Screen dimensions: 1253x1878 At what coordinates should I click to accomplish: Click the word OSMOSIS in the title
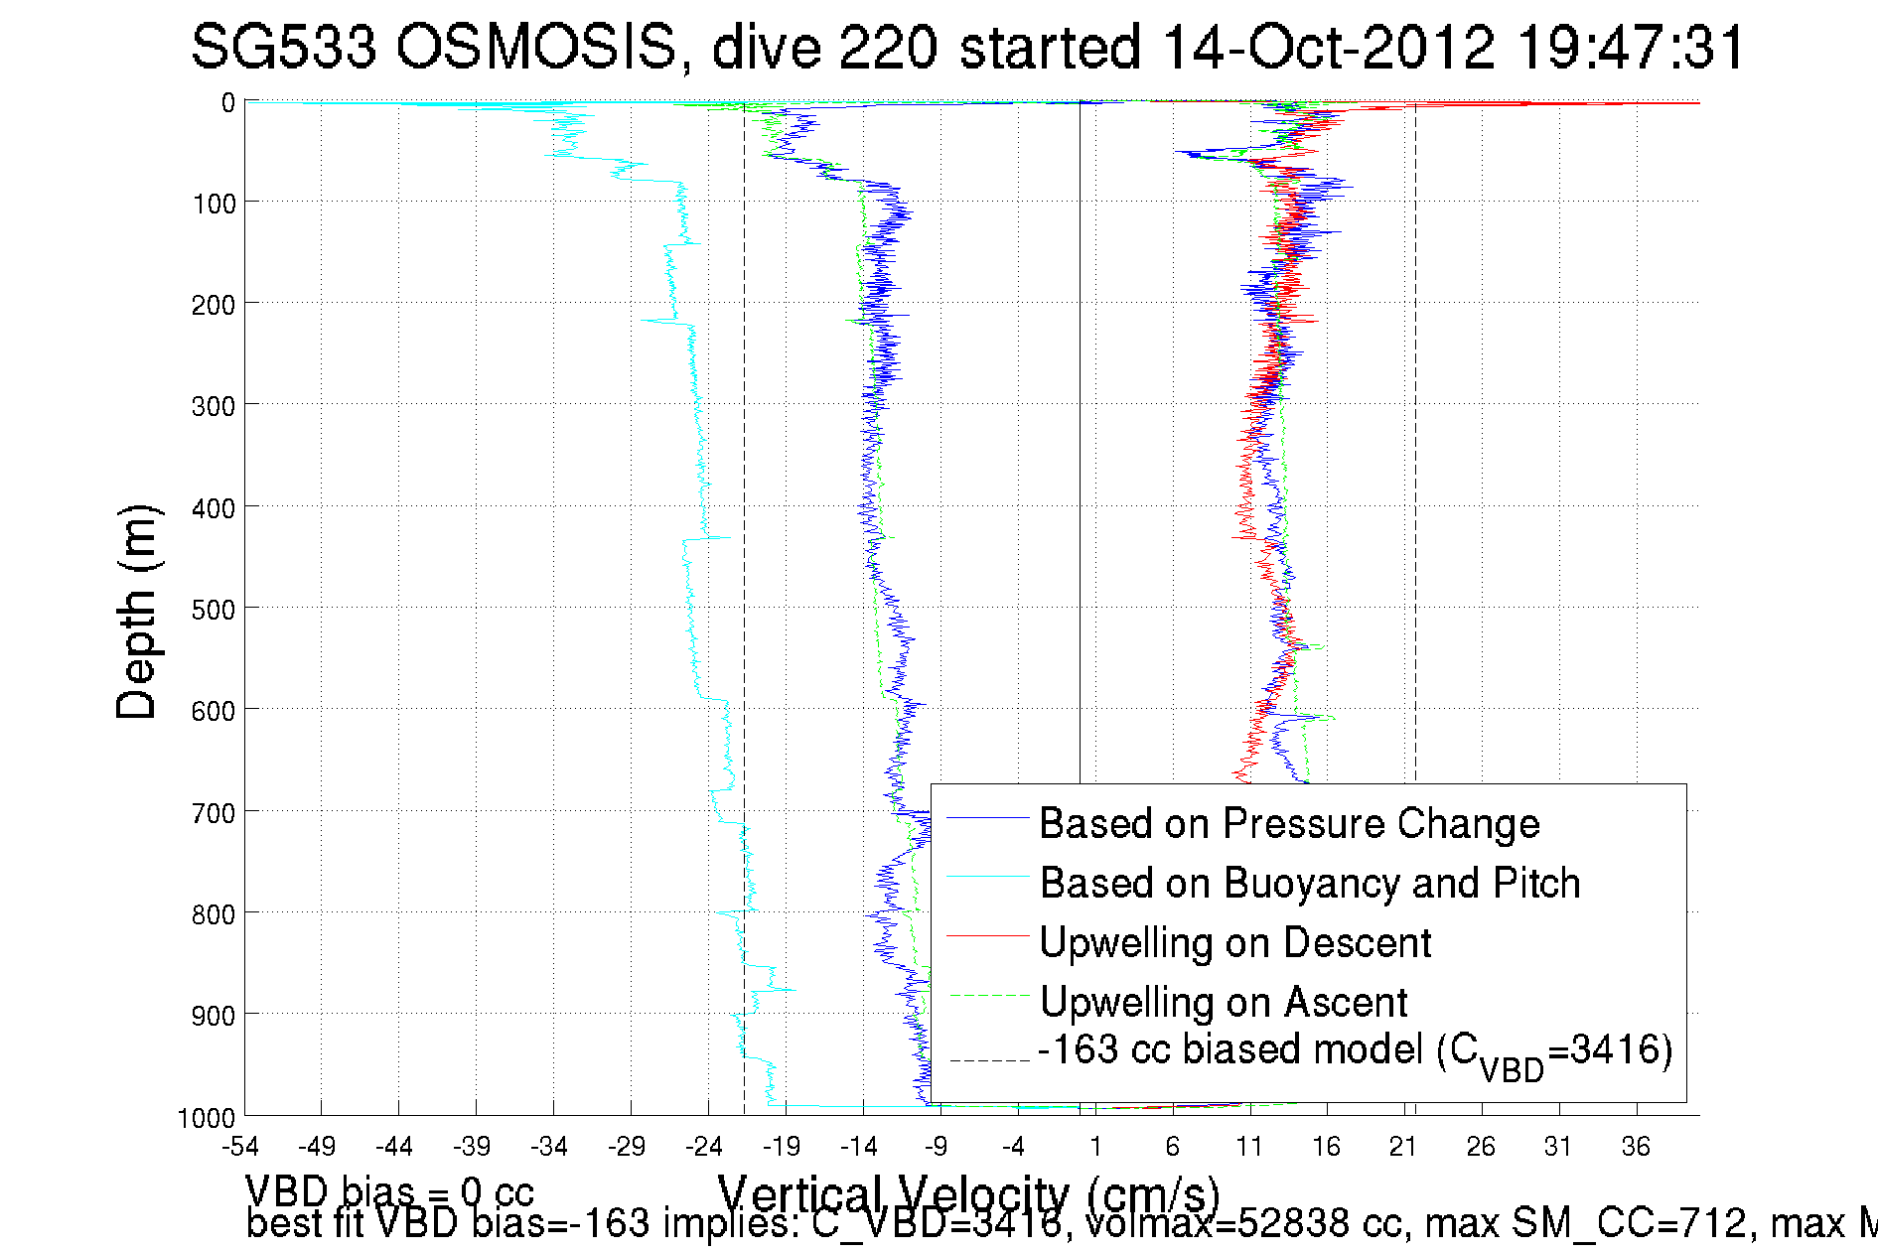(535, 47)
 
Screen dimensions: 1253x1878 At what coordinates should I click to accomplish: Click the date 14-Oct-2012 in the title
(1328, 47)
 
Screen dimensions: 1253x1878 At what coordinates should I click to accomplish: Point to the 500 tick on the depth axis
(214, 610)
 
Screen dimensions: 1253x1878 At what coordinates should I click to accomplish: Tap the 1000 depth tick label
(207, 1118)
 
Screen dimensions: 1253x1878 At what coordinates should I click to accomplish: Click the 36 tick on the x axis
(1636, 1148)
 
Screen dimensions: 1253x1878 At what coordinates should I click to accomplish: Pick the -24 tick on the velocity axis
(704, 1148)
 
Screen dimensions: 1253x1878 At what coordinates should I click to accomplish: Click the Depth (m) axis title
(137, 612)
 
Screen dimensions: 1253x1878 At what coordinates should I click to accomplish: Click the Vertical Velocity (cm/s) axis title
(968, 1194)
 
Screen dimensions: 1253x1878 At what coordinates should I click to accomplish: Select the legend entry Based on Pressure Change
(1289, 823)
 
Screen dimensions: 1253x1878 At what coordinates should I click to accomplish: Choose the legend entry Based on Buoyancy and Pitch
(1309, 883)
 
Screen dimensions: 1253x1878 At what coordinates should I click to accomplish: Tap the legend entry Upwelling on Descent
(1234, 942)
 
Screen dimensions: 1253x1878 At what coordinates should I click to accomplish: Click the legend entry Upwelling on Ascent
(1223, 1002)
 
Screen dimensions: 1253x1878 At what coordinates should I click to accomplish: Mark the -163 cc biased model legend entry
(1355, 1052)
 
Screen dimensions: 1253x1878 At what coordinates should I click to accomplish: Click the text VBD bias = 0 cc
(389, 1191)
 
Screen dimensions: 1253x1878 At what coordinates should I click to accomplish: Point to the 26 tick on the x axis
(1481, 1148)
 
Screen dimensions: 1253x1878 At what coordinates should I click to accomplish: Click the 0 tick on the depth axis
(228, 103)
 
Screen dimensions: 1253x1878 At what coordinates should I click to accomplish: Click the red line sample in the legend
(987, 935)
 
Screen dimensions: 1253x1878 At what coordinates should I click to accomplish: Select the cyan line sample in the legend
(987, 877)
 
